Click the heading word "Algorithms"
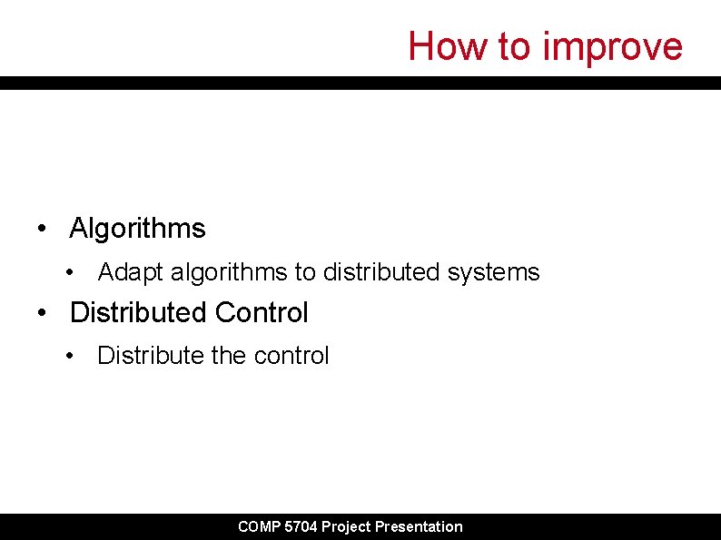click(138, 228)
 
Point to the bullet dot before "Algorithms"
click(43, 228)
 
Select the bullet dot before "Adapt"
click(71, 272)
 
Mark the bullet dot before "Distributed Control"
click(43, 313)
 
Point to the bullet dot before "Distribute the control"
click(71, 356)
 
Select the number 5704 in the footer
click(301, 526)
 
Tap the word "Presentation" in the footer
click(419, 526)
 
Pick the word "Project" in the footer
click(346, 526)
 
